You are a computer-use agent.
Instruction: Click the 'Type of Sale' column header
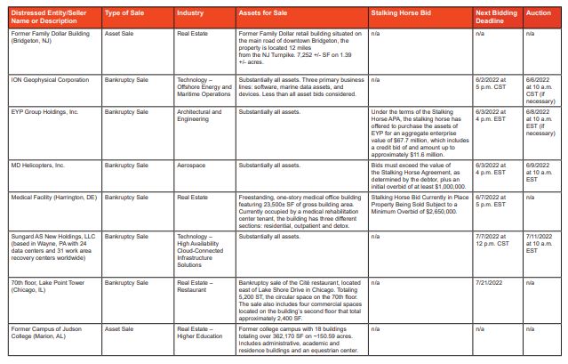tap(124, 14)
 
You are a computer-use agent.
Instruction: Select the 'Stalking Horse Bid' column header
tap(400, 14)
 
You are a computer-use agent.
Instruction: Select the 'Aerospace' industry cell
tap(193, 166)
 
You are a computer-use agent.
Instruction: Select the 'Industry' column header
tap(189, 14)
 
